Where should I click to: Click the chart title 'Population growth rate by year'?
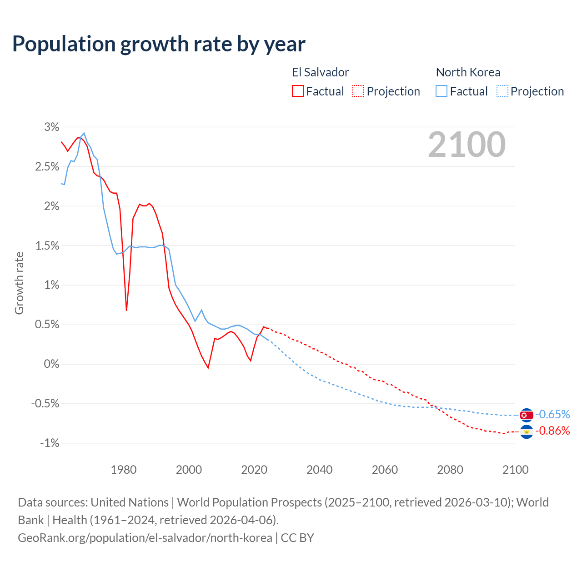click(x=159, y=44)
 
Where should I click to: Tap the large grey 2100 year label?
click(x=467, y=145)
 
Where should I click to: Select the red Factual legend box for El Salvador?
click(x=298, y=91)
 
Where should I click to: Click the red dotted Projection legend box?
click(x=358, y=91)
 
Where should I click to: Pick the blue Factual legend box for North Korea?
click(x=442, y=91)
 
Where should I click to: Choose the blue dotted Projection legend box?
click(x=502, y=91)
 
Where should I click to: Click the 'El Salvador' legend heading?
click(x=321, y=72)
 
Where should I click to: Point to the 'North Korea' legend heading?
click(x=468, y=72)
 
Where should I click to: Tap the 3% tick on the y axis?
click(x=52, y=127)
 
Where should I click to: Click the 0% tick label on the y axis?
click(x=52, y=364)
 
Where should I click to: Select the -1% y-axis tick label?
click(x=50, y=443)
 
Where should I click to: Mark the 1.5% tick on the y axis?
click(x=47, y=246)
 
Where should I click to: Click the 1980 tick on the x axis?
click(x=124, y=470)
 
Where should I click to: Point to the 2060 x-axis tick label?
click(x=385, y=470)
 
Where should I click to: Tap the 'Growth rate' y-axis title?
click(x=19, y=283)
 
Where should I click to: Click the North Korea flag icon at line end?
click(x=526, y=415)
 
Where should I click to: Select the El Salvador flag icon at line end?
click(x=526, y=431)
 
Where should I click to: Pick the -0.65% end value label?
click(x=552, y=414)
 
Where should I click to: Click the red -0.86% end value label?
click(x=552, y=431)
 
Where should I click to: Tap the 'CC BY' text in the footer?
click(x=297, y=538)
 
